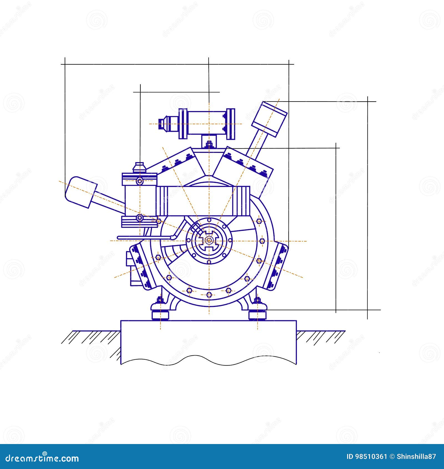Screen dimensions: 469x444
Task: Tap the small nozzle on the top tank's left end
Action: tap(163, 123)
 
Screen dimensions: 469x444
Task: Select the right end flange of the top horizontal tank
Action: tap(231, 124)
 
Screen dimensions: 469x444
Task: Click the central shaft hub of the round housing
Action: tap(209, 241)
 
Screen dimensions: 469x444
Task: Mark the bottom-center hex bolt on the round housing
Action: tap(209, 294)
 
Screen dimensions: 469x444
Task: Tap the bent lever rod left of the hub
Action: tap(147, 237)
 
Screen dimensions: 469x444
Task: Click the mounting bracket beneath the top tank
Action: tap(209, 142)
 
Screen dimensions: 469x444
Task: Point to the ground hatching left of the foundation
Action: tap(92, 337)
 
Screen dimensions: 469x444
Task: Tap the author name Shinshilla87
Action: tap(416, 457)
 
